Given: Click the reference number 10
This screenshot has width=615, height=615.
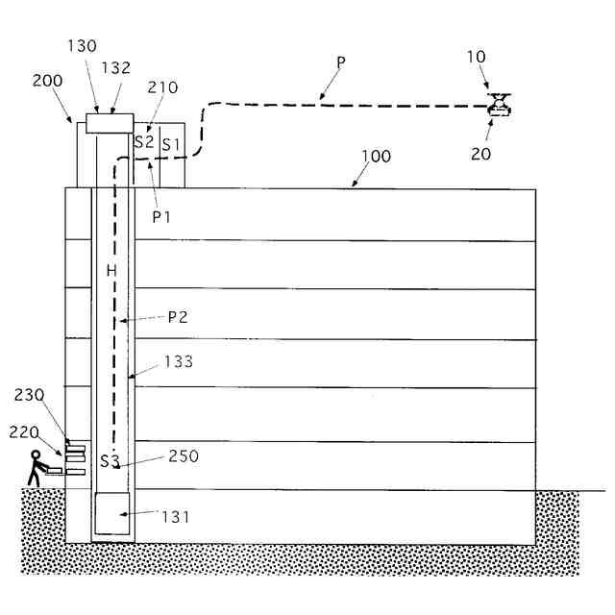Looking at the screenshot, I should (x=477, y=57).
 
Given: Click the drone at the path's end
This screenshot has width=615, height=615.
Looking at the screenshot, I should (x=499, y=104).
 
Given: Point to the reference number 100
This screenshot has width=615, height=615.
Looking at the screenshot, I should (x=376, y=157).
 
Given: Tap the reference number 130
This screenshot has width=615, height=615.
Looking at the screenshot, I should (x=82, y=47).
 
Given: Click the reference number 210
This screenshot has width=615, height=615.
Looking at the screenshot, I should (x=163, y=87).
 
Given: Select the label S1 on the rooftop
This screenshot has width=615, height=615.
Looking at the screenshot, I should (x=170, y=144).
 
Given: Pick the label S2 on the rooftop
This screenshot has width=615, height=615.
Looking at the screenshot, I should (x=143, y=141).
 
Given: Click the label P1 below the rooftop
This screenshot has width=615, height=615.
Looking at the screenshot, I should (x=161, y=217).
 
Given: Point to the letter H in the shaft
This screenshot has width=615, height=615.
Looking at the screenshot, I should (x=111, y=271).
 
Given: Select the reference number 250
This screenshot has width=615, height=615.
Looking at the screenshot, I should (x=183, y=455).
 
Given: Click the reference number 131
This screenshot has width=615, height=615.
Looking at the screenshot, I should (x=176, y=517).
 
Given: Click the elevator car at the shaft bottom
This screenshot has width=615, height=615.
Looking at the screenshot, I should (x=112, y=514).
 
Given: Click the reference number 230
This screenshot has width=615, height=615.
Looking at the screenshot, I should (x=30, y=395).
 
